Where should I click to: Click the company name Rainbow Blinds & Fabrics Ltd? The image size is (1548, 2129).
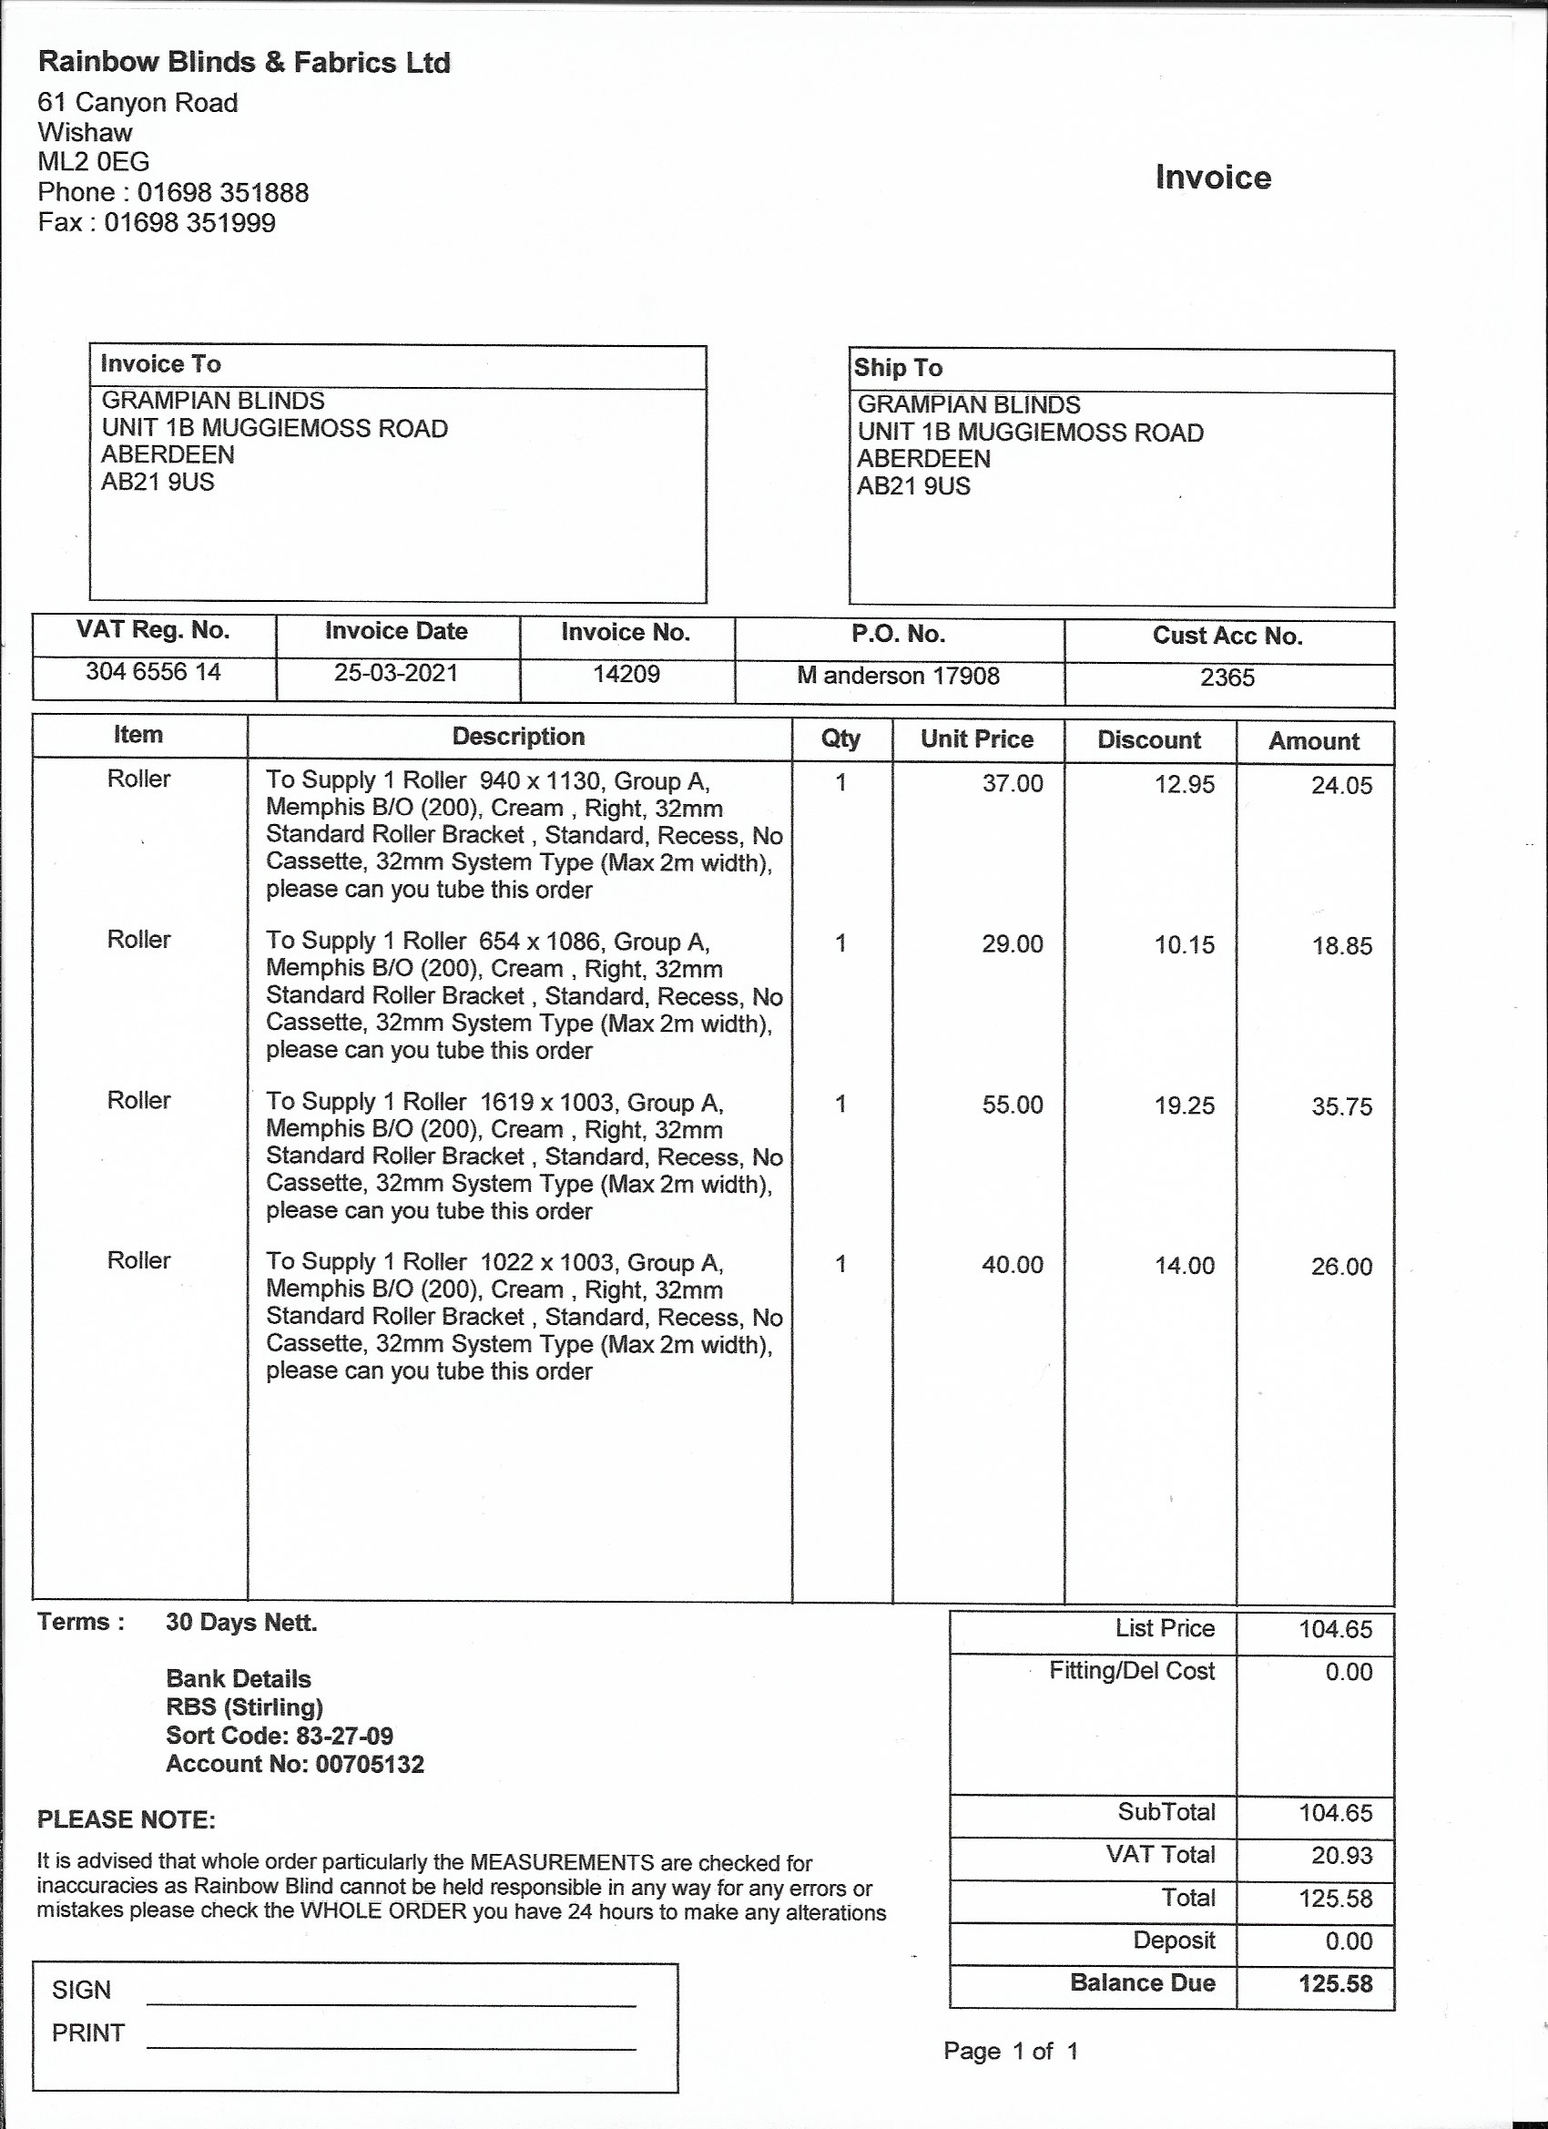point(244,63)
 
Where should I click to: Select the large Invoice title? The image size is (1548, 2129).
point(1213,177)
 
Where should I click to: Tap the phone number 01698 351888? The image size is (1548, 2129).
point(222,192)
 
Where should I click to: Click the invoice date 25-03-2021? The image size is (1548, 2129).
point(396,673)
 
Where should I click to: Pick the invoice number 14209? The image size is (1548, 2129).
point(626,674)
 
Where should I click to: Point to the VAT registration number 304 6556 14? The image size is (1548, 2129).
point(153,671)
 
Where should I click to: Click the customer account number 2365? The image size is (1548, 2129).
point(1227,677)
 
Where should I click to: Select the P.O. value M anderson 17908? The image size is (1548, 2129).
point(899,676)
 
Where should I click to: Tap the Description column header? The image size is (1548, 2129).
point(518,737)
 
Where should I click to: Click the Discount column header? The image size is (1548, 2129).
point(1149,739)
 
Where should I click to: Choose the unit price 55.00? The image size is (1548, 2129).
point(1012,1104)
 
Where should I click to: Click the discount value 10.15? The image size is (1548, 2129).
point(1184,944)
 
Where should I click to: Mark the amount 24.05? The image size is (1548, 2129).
point(1341,786)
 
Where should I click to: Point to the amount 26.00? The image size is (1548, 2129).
point(1341,1267)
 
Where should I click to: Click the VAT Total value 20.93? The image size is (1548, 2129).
point(1341,1856)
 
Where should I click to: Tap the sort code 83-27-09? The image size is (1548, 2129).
point(344,1736)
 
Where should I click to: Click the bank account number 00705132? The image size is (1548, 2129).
point(370,1764)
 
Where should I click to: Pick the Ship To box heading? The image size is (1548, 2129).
point(899,368)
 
